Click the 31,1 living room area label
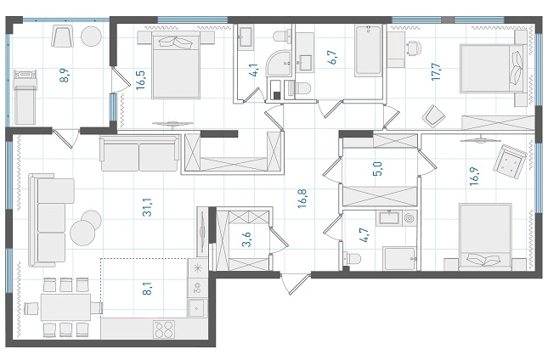coord(148,207)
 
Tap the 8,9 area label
coord(65,76)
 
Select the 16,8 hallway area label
coord(302,199)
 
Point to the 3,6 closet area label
coord(247,239)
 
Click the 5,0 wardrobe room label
coord(378,169)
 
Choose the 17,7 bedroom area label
coord(436,71)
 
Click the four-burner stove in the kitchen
coord(164,329)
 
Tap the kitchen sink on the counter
coord(197,308)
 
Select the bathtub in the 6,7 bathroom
coord(368,51)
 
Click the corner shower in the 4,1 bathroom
coord(280,64)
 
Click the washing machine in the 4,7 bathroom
coord(410,218)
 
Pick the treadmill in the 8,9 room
coord(25,97)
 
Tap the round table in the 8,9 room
coord(92,36)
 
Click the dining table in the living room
coord(66,307)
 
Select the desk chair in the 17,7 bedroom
coord(414,48)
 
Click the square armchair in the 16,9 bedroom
coord(510,161)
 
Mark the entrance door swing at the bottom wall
coord(296,283)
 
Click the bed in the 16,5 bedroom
coord(176,65)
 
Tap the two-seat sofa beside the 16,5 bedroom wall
coord(139,154)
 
